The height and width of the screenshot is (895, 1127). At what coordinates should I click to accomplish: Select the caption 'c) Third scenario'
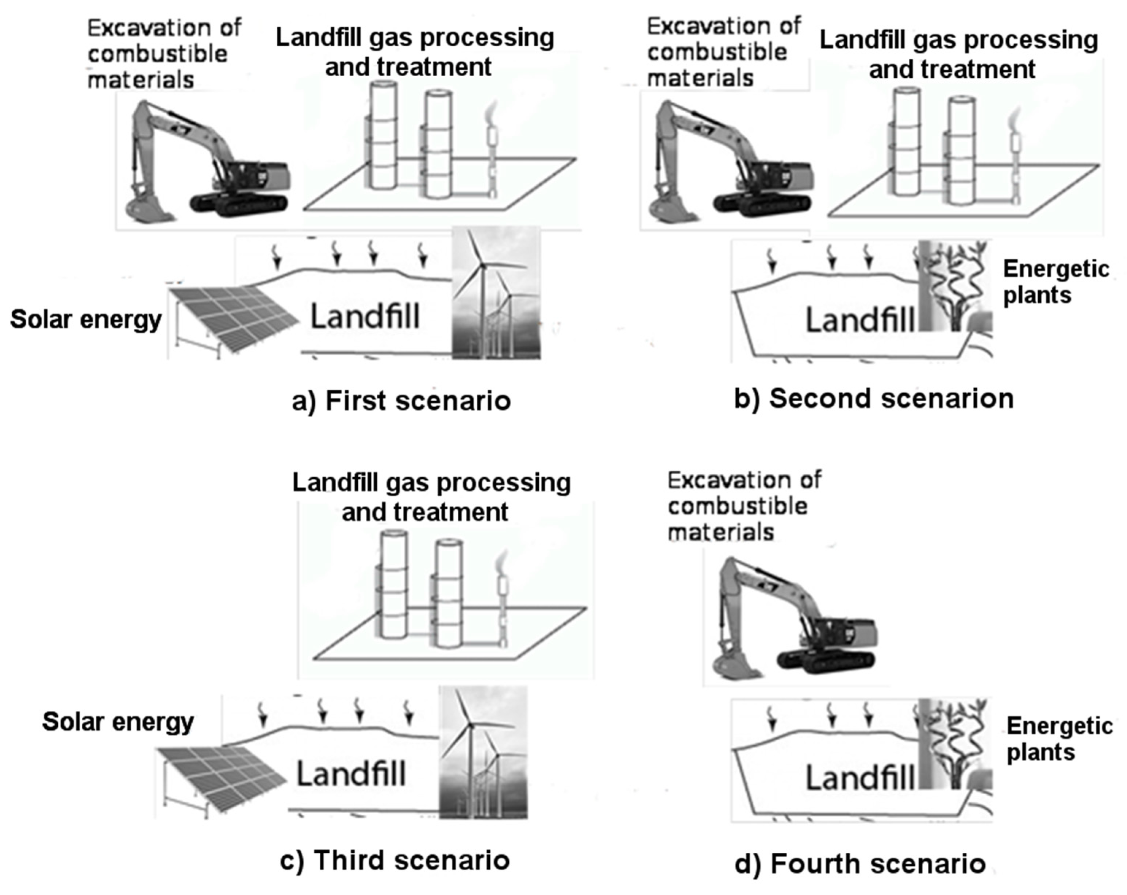coord(395,860)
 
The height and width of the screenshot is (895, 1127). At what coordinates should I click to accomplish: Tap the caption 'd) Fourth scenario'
coord(860,863)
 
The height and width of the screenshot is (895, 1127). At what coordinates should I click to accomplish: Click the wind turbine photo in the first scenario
coord(496,293)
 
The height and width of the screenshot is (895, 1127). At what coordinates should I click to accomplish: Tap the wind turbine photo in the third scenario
coord(482,752)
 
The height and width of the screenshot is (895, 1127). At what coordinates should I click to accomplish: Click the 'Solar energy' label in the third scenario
coord(118,722)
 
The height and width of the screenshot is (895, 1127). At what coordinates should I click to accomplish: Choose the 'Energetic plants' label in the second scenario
coord(1055,282)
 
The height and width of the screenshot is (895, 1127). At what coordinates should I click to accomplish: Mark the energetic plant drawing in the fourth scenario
coord(954,742)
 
